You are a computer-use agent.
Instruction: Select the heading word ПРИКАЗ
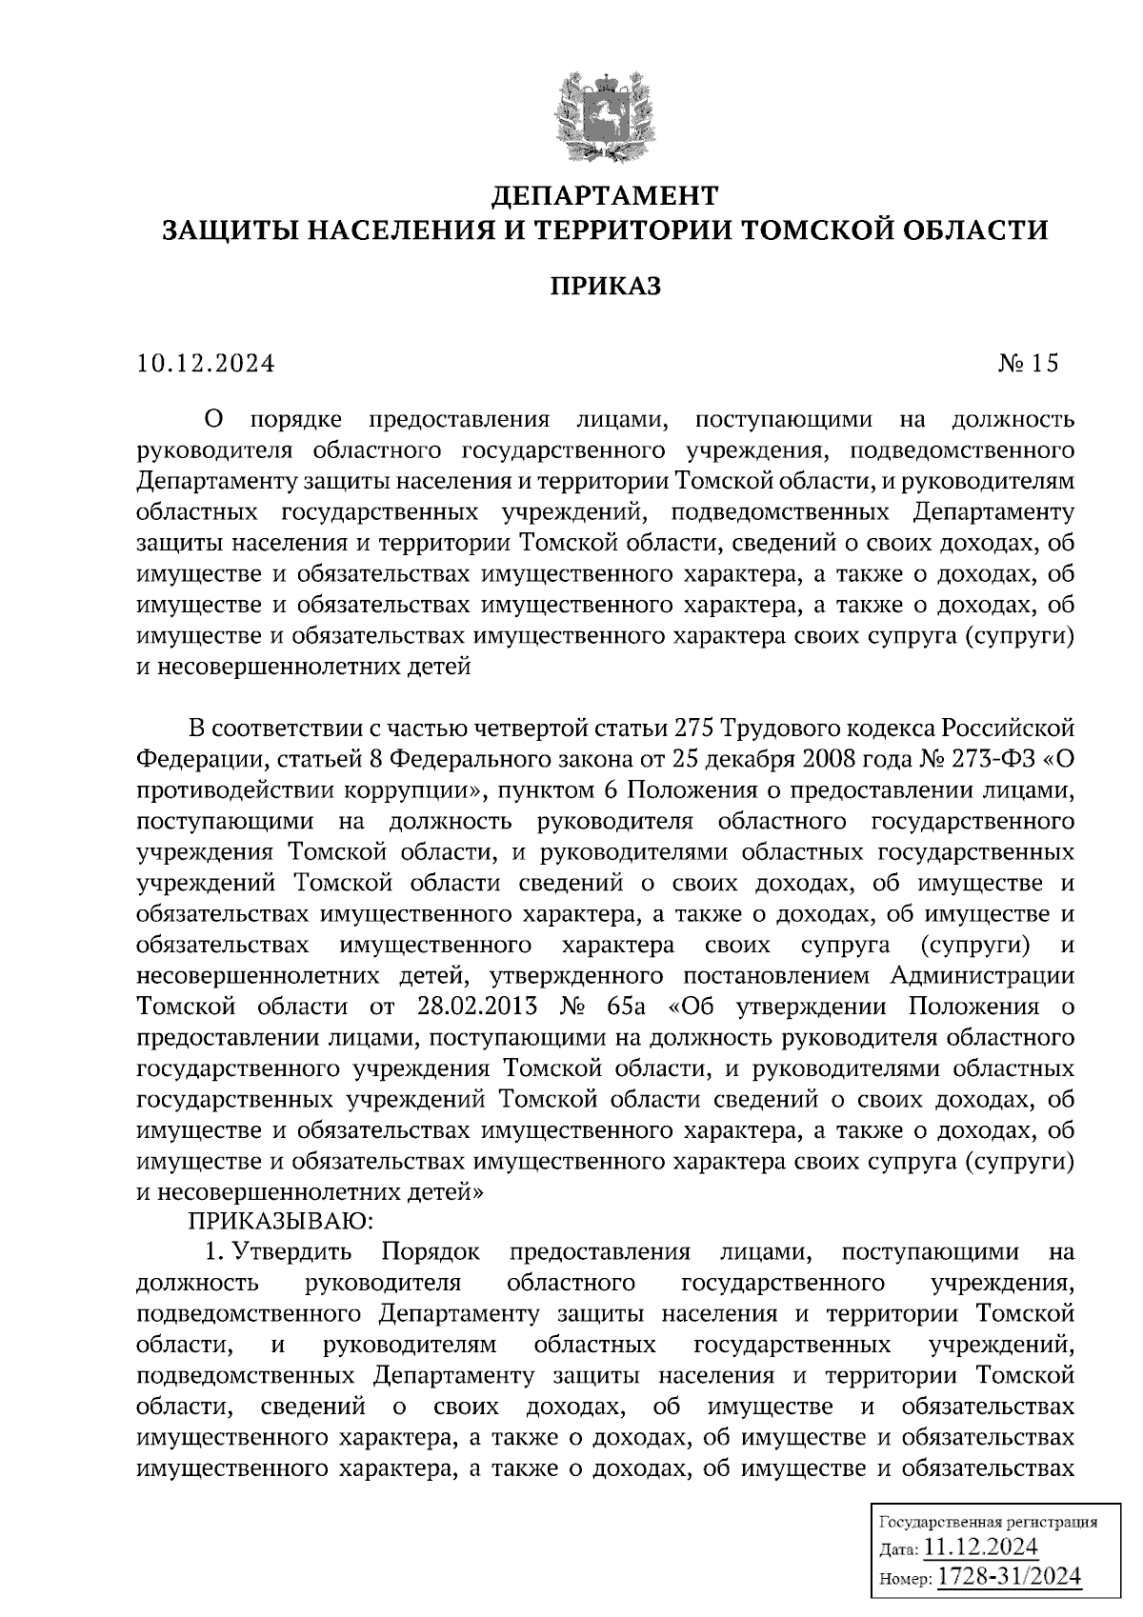point(604,286)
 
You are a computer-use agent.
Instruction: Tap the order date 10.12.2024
point(206,363)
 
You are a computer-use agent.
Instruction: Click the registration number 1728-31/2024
point(1010,1575)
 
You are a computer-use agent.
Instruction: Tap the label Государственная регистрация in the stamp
point(987,1521)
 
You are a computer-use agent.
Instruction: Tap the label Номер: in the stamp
point(905,1578)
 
